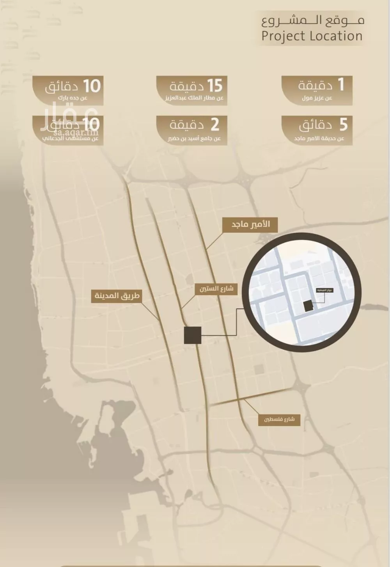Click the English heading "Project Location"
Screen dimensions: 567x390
pos(312,36)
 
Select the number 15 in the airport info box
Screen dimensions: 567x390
pos(214,85)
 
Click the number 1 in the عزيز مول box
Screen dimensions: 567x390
pos(340,84)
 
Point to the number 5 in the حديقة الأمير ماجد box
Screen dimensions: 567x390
pos(343,125)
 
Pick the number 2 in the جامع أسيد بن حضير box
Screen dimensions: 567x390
pos(214,125)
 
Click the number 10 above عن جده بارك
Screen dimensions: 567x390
pos(91,86)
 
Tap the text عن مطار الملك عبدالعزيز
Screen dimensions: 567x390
pos(194,98)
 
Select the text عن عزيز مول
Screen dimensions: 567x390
pos(317,98)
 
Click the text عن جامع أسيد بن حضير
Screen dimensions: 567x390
pos(194,139)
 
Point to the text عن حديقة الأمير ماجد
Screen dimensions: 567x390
pos(319,139)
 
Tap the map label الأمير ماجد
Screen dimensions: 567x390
pos(250,225)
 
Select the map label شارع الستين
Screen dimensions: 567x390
pos(216,289)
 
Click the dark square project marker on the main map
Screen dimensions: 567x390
pos(193,335)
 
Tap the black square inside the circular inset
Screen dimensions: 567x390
pos(308,306)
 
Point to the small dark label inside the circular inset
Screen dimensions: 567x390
pos(324,290)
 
